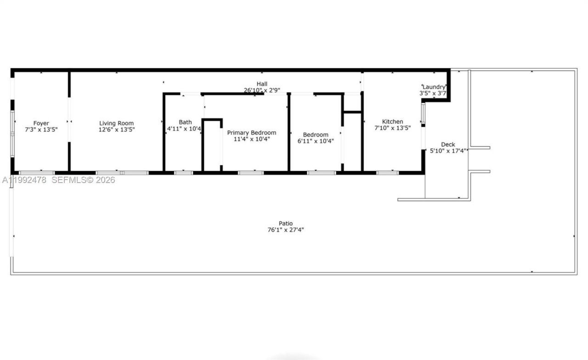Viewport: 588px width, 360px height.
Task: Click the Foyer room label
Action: pyautogui.click(x=41, y=123)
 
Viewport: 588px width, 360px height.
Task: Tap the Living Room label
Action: pyautogui.click(x=117, y=123)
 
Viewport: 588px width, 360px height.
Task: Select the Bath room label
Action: pyautogui.click(x=186, y=122)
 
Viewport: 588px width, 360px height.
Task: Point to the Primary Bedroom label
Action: pyautogui.click(x=252, y=133)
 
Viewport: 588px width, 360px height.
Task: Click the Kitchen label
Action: pyautogui.click(x=393, y=122)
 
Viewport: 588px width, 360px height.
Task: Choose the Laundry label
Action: pyautogui.click(x=434, y=87)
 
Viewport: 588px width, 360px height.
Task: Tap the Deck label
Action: pyautogui.click(x=448, y=144)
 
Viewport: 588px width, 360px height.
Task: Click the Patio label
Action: pyautogui.click(x=286, y=224)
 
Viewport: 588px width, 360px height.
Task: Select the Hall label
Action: pyautogui.click(x=262, y=84)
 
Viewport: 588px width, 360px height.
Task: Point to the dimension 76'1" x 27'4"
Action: pyautogui.click(x=286, y=230)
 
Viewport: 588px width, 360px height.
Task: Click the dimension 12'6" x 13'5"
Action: pyautogui.click(x=117, y=129)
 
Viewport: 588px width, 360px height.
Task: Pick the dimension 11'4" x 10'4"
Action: pyautogui.click(x=252, y=139)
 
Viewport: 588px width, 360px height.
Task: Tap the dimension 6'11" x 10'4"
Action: pyautogui.click(x=316, y=141)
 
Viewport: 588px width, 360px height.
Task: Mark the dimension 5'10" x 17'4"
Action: pyautogui.click(x=448, y=151)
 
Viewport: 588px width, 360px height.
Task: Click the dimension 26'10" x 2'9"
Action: pyautogui.click(x=261, y=90)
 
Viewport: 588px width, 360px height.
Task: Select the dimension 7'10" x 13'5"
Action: pyautogui.click(x=393, y=128)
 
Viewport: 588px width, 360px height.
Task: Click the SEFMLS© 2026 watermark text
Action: pyautogui.click(x=83, y=180)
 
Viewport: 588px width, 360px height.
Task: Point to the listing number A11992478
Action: pyautogui.click(x=24, y=180)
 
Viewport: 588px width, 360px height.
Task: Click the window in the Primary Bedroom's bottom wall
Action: pyautogui.click(x=251, y=173)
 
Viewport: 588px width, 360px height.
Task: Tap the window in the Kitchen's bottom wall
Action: pyautogui.click(x=387, y=173)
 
